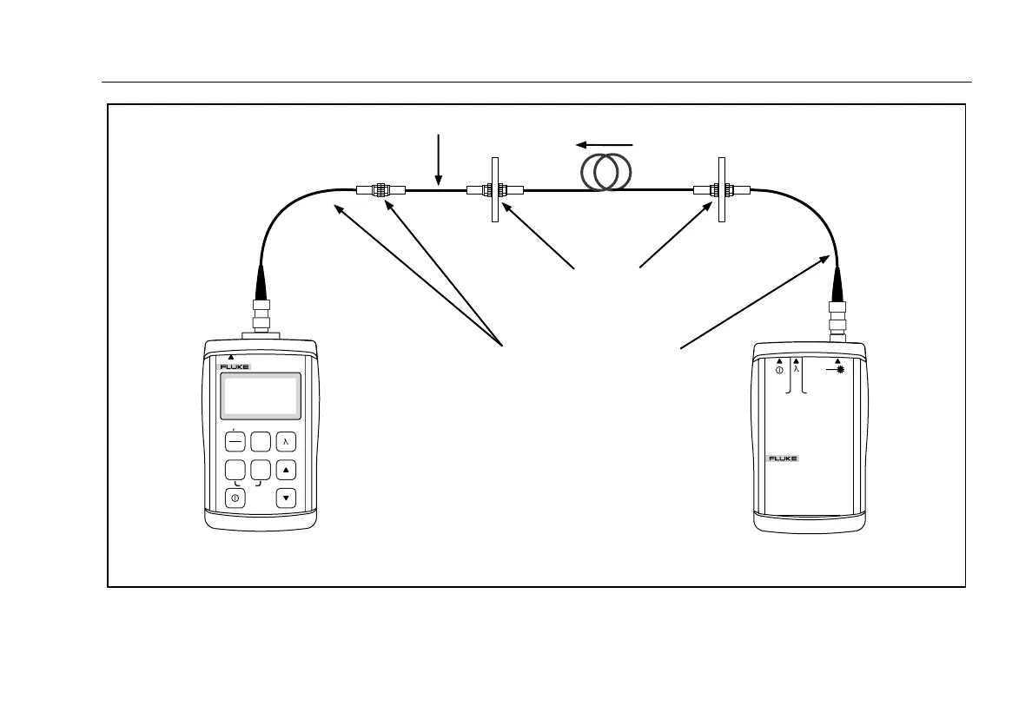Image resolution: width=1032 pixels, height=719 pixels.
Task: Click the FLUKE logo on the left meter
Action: tap(234, 367)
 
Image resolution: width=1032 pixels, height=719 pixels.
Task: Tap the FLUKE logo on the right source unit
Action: tap(783, 458)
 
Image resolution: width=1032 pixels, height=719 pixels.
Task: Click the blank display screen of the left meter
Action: tap(261, 396)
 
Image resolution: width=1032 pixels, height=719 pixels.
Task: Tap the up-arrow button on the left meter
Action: tap(286, 470)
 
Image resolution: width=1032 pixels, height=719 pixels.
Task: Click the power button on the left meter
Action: tap(235, 498)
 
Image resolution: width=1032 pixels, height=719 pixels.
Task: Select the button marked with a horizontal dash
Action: tap(235, 441)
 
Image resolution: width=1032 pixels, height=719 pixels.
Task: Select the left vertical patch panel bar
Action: tap(494, 189)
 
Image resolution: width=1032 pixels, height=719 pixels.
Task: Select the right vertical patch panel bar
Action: tap(721, 189)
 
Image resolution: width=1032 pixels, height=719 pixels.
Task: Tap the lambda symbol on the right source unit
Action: tap(796, 370)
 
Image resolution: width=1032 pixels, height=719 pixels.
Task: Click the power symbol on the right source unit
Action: tap(779, 370)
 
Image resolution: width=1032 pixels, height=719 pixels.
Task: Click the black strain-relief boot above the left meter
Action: tap(261, 281)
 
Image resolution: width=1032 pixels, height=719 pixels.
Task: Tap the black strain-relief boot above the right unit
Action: tap(837, 283)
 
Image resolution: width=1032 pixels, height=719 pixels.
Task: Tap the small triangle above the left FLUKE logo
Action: tap(230, 357)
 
